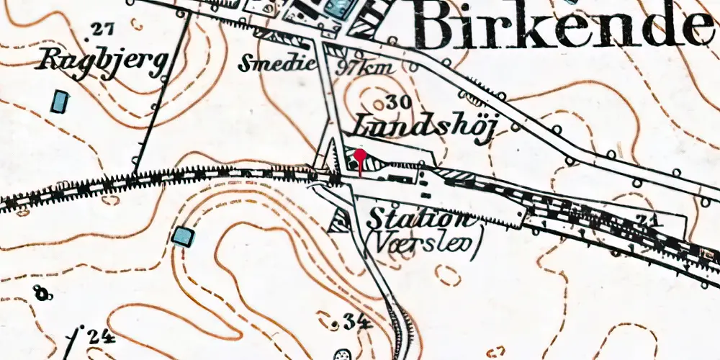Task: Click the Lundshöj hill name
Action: pos(425,125)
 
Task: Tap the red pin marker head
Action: pos(360,154)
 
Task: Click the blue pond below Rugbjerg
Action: pos(60,101)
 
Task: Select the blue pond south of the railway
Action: pos(183,235)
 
